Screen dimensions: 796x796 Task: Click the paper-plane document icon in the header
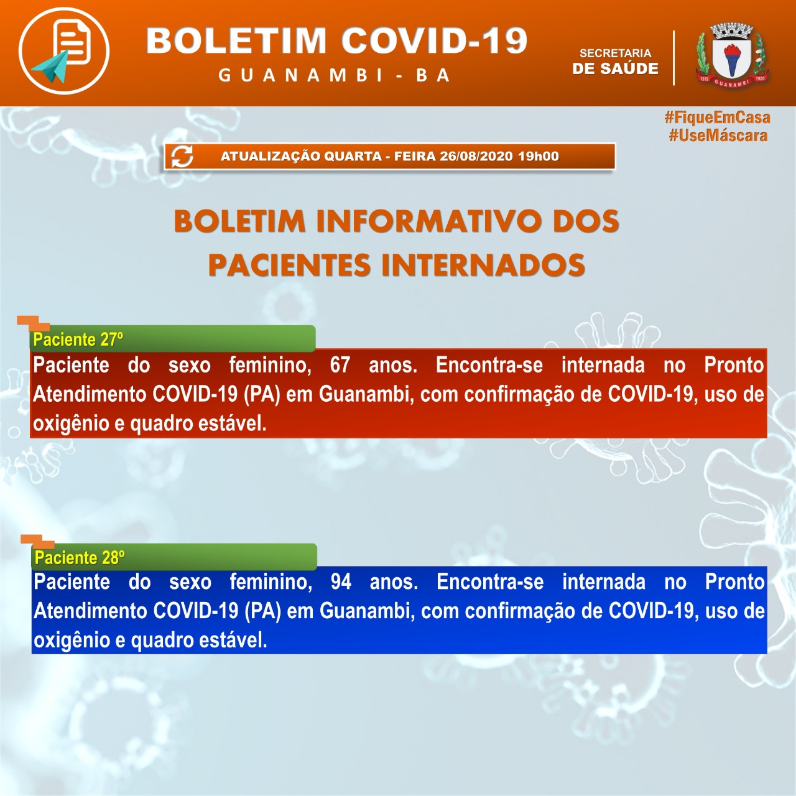tap(63, 50)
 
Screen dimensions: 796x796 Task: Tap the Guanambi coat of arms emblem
tap(732, 55)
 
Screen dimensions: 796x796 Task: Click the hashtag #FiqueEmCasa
tap(717, 118)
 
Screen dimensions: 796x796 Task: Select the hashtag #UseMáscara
tap(718, 136)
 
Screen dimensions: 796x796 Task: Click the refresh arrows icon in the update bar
tap(182, 157)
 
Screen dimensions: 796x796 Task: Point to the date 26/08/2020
tap(476, 157)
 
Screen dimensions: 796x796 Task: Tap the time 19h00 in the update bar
tap(539, 157)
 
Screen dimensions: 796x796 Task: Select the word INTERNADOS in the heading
tap(483, 266)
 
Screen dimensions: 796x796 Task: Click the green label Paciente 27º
tap(78, 340)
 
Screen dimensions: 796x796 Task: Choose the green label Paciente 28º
tap(80, 557)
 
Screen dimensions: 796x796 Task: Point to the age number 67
tap(340, 364)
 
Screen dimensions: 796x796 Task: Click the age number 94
tap(341, 582)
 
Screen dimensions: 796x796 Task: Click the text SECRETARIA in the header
tap(615, 53)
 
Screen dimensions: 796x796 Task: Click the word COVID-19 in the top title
tap(434, 41)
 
